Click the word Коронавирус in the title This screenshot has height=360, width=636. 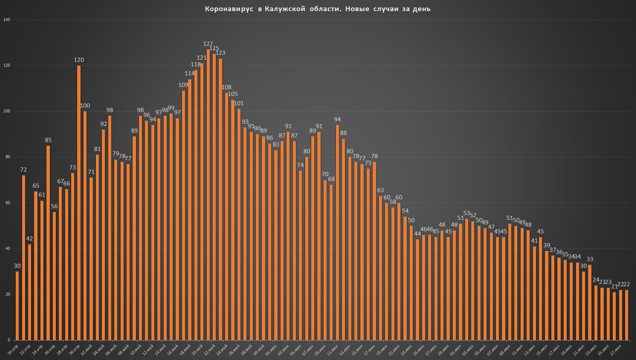229,9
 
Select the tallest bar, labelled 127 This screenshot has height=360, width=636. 208,195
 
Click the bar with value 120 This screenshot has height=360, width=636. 79,203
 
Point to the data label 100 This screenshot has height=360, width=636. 85,106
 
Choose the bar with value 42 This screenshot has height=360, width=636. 30,292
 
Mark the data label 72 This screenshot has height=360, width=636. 23,170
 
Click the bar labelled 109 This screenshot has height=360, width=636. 184,215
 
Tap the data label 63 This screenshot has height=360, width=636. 381,190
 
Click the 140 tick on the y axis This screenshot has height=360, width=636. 7,19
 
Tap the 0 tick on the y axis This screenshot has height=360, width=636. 9,340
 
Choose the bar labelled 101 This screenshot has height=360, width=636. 239,225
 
